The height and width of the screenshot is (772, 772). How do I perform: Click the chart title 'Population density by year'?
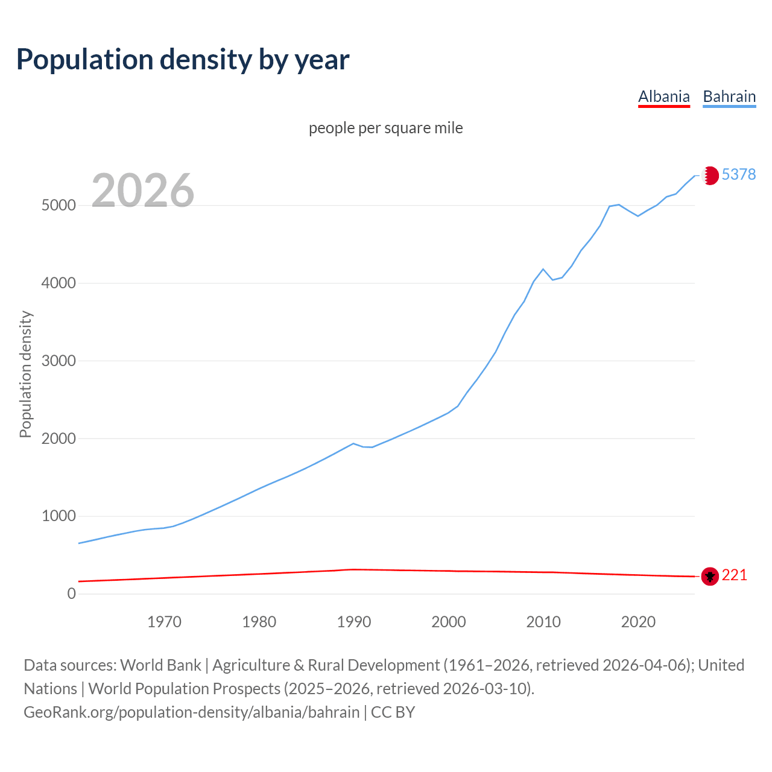click(183, 59)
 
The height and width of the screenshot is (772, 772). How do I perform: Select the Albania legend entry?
click(663, 97)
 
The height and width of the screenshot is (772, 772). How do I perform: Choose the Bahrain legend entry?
click(729, 97)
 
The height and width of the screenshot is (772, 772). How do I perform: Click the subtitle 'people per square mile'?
click(385, 128)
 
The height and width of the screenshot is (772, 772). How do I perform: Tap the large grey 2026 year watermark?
click(143, 191)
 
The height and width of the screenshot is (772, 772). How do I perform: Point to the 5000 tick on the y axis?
click(59, 205)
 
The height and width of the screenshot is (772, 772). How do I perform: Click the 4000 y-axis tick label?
click(59, 283)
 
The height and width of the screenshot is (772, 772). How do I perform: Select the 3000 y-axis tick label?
click(59, 361)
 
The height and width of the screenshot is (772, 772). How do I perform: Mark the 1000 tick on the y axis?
click(59, 516)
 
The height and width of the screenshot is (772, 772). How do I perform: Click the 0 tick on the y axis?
click(72, 593)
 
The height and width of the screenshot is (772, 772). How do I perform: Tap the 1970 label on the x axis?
click(164, 622)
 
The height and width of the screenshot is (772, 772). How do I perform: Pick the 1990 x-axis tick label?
click(354, 622)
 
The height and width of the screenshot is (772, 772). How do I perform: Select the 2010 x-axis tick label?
click(543, 622)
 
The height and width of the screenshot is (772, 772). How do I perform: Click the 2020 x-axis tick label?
click(638, 622)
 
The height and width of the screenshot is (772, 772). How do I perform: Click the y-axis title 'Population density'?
click(25, 374)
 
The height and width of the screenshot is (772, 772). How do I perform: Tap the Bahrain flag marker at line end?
click(710, 176)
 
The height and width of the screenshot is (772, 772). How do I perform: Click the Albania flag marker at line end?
click(710, 577)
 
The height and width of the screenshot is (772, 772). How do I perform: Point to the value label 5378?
click(738, 174)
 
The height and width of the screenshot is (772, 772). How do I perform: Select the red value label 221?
click(734, 575)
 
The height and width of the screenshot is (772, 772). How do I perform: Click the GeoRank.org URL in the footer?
click(191, 712)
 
